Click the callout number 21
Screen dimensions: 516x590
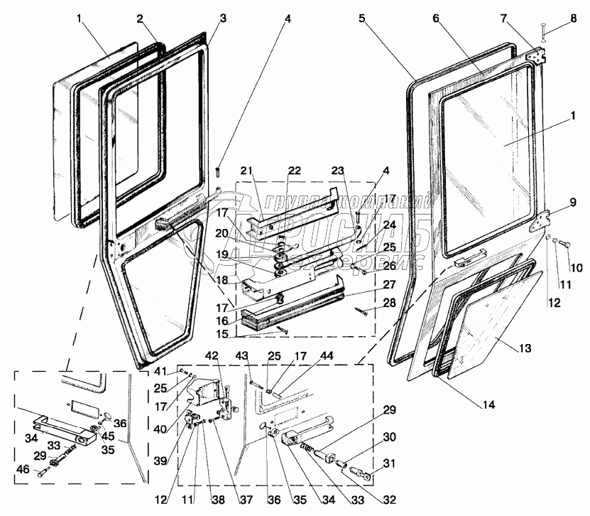247,171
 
